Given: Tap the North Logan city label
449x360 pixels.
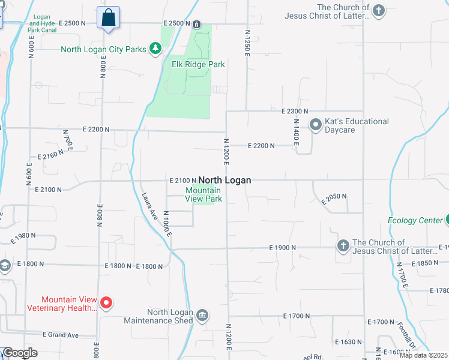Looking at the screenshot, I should point(224,180).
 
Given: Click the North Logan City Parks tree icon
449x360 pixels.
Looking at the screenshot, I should point(155,47).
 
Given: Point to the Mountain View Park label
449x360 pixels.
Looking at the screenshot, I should point(203,194).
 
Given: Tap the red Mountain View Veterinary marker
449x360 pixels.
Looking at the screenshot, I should point(106,303).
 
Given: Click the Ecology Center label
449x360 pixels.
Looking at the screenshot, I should point(415,220).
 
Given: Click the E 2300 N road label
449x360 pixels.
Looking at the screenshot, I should point(294,112).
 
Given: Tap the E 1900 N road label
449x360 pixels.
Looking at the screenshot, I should point(283,247).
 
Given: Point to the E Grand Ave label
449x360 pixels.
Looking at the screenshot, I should point(61,334).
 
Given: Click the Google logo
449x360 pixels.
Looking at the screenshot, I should point(20,353).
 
